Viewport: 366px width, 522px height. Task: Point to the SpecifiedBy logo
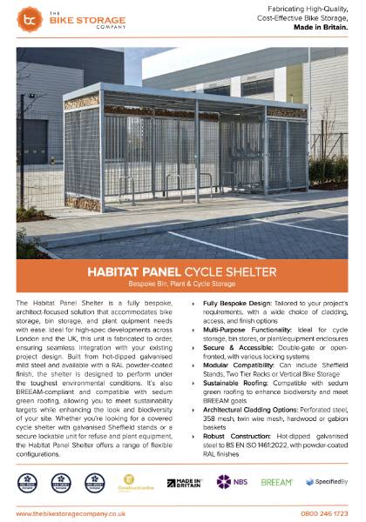point(327,481)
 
